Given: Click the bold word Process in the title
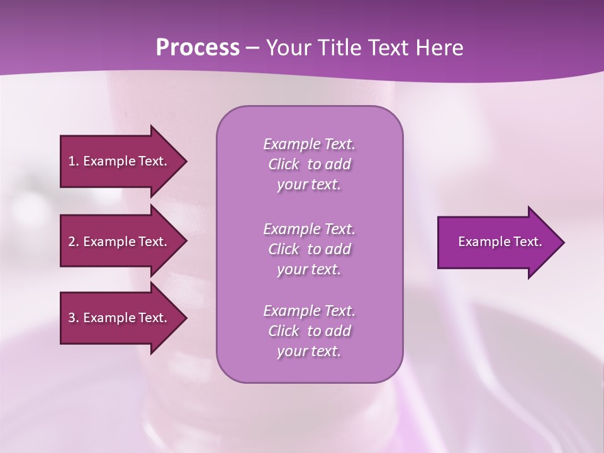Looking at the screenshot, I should click(198, 48).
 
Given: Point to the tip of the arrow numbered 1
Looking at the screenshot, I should click(186, 161).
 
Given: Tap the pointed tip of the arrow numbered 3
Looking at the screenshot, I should click(186, 318).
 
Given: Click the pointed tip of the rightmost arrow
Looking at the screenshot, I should click(563, 242).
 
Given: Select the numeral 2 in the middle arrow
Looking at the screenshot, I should click(72, 242).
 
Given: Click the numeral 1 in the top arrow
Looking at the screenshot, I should click(72, 161).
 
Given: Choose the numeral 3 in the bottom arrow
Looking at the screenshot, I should click(72, 318).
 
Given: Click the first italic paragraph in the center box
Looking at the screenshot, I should click(309, 164).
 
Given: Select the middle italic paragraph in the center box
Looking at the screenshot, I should click(309, 249).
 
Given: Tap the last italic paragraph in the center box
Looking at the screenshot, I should click(309, 331).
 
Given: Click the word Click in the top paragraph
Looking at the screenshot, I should click(284, 165).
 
